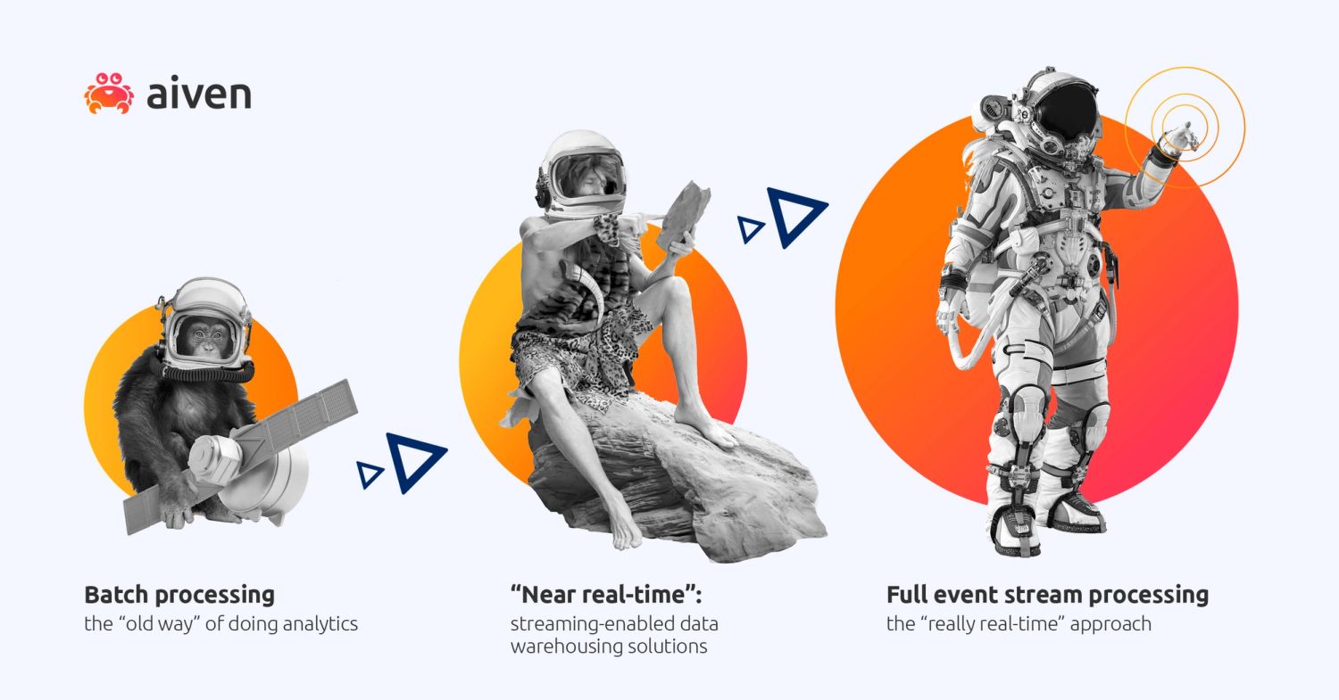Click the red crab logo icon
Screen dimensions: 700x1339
[x=109, y=93]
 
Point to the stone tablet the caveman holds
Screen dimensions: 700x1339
[x=686, y=215]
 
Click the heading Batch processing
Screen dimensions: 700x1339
[x=179, y=595]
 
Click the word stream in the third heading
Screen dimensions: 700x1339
[x=1040, y=595]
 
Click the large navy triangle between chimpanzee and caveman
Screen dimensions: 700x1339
[x=414, y=462]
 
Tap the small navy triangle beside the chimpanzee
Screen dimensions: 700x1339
[x=368, y=474]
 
